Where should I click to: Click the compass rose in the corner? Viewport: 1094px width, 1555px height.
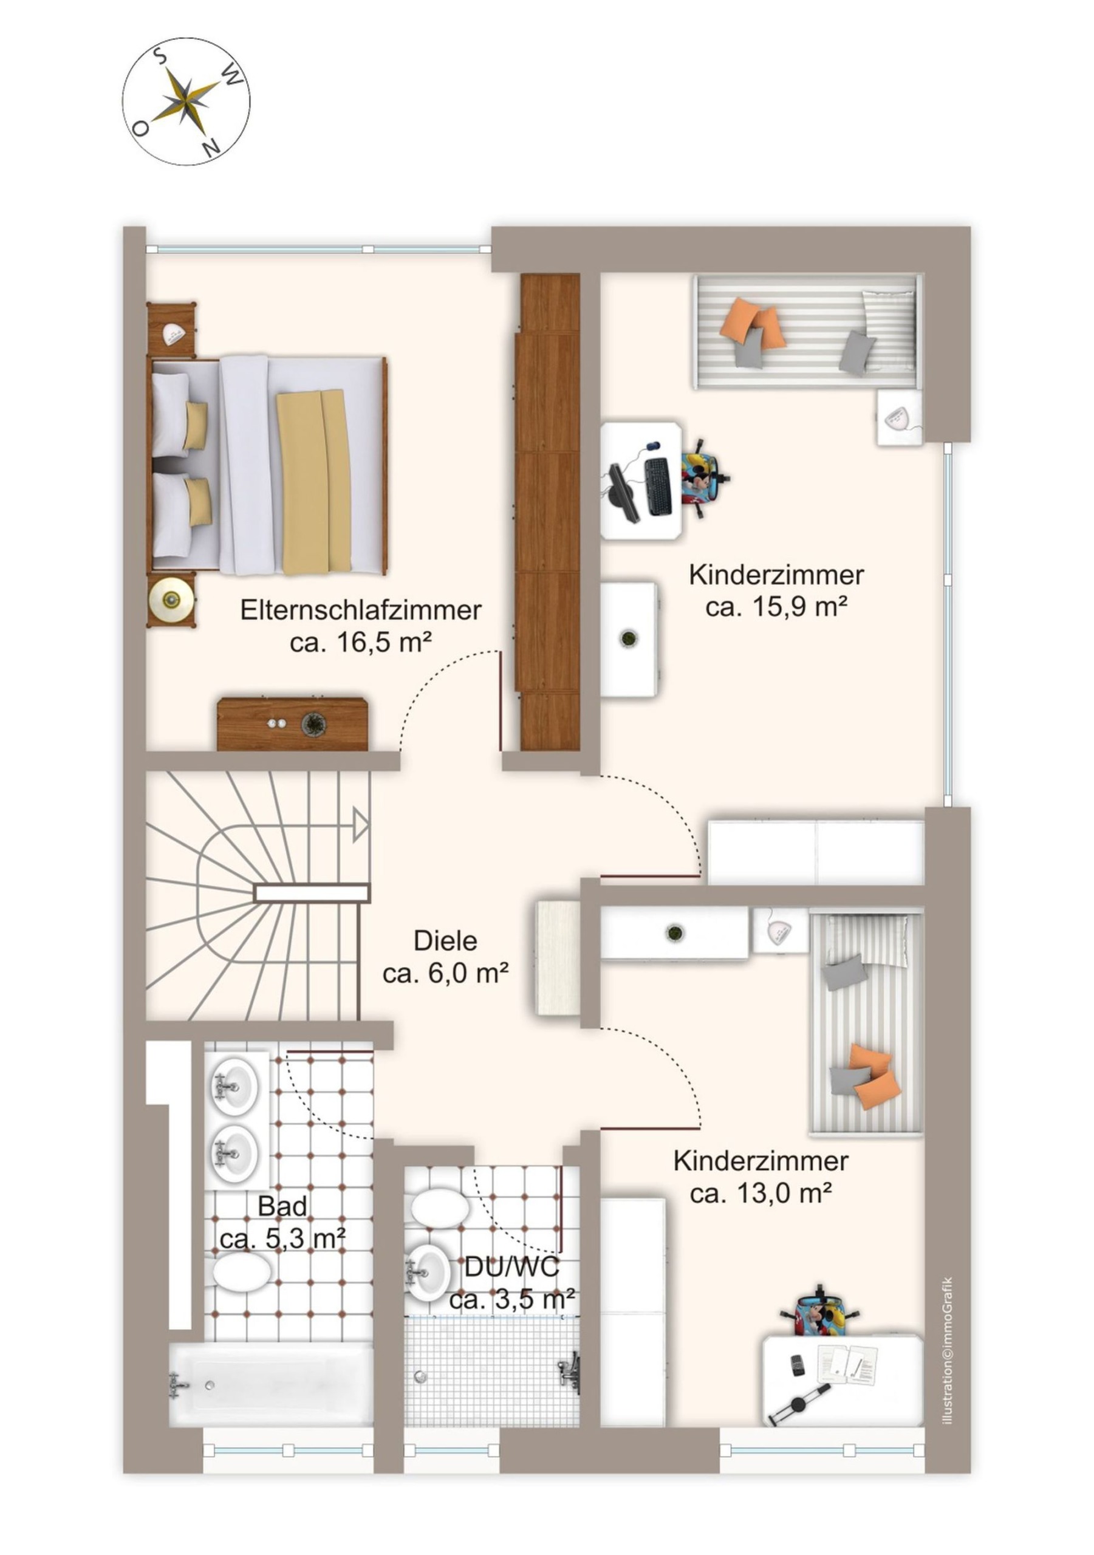click(186, 101)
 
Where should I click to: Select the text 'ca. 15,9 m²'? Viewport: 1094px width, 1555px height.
click(776, 607)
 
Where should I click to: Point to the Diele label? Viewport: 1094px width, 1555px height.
click(445, 941)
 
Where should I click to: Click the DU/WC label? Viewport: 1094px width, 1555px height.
click(512, 1266)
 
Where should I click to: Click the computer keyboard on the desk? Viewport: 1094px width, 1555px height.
click(657, 485)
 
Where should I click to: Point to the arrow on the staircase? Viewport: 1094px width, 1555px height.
click(360, 825)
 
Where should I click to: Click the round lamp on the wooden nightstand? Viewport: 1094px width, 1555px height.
click(172, 598)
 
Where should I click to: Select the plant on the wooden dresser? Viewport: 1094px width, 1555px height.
click(313, 723)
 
